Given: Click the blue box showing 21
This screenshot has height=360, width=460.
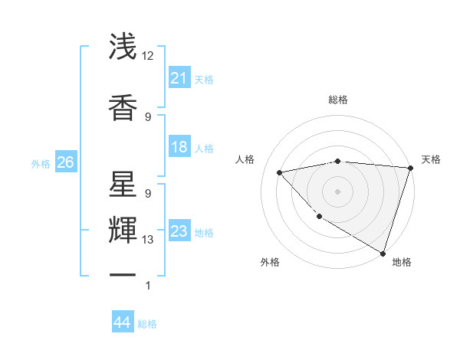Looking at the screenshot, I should coord(179,78).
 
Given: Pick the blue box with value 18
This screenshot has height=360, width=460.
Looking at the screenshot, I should coord(179,148).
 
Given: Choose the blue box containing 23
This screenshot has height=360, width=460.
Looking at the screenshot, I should coord(179,232).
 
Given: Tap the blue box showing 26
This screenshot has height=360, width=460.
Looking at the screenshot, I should coord(65,163).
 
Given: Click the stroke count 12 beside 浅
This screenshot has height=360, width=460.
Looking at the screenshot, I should coord(148,56).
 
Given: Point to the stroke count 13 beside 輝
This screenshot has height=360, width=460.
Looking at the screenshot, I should coord(148,240).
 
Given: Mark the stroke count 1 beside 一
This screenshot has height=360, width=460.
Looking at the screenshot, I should coord(148,286).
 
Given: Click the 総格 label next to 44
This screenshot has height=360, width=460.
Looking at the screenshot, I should coord(148,324).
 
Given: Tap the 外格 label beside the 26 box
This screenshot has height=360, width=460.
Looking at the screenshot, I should coord(41,164).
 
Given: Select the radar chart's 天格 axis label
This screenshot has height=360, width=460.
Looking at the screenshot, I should coord(431,159).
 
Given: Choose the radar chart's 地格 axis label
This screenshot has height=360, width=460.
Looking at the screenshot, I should coord(402,262).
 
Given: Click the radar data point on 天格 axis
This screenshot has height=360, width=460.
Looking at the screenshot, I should coord(410,168).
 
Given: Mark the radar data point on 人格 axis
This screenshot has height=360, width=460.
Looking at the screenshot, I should coord(280,172).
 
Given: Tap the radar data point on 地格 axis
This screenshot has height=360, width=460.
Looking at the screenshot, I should coord(383,253).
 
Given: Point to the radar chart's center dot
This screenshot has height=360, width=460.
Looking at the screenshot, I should coord(337,191).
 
